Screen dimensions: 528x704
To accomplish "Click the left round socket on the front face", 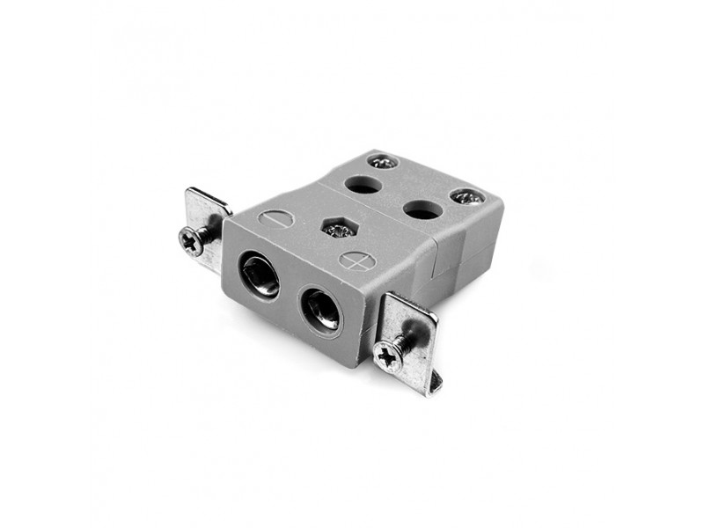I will tap(260, 275).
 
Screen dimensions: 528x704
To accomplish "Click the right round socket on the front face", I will tap(321, 311).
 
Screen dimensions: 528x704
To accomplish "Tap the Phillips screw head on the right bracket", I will tap(387, 355).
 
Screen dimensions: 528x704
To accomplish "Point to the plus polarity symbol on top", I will tap(356, 260).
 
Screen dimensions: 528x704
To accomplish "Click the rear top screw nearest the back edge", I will tap(383, 162).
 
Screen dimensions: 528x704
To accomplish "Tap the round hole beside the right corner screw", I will tap(423, 209).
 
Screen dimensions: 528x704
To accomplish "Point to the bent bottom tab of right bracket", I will tap(432, 381).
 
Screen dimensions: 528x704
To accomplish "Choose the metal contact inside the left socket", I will tap(261, 278).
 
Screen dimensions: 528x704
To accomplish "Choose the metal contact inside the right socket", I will tap(323, 313).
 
